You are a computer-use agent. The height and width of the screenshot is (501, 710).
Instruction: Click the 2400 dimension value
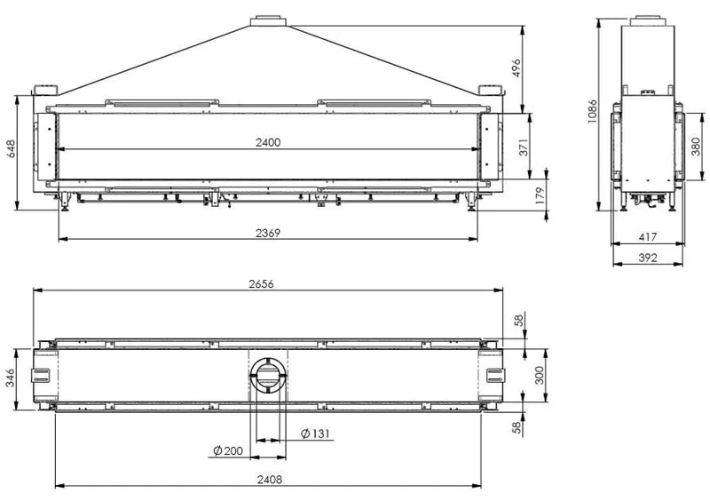pos(268,142)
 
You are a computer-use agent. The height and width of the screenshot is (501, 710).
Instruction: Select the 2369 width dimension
pos(268,233)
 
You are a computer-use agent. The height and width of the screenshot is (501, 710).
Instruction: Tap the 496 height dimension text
pos(517,68)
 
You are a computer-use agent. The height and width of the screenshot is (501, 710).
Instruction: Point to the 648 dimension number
pos(10,148)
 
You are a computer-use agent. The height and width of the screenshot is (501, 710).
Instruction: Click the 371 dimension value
pos(524,147)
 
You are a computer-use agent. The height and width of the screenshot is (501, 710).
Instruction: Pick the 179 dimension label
pos(540,195)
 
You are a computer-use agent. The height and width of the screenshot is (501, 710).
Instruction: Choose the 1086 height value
pos(592,112)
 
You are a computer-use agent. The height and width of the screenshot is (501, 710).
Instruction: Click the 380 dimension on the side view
pos(696,147)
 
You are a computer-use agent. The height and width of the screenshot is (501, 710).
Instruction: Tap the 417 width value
pos(648,237)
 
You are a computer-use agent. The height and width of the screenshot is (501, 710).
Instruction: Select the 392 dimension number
pos(648,258)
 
